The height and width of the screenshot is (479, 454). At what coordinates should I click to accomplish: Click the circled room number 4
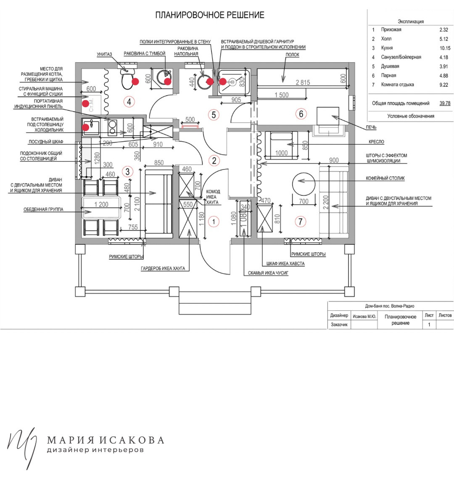(129, 102)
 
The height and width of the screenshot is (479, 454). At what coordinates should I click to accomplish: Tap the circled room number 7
(301, 222)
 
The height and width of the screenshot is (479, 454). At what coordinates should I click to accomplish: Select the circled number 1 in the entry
(214, 222)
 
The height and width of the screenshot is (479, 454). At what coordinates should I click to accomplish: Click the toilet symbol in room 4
(127, 78)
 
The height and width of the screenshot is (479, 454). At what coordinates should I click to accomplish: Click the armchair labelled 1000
(281, 145)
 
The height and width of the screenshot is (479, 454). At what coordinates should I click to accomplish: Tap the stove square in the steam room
(327, 116)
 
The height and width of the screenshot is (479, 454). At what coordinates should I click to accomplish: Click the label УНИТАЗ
(104, 54)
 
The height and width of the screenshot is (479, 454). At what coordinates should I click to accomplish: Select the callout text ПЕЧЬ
(371, 127)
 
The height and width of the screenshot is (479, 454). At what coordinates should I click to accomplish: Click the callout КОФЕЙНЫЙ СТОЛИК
(385, 178)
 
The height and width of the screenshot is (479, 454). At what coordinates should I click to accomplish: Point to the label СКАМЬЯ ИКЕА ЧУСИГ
(268, 273)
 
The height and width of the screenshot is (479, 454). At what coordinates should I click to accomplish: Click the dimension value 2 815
(303, 82)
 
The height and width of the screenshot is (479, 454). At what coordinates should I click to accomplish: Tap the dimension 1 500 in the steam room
(282, 95)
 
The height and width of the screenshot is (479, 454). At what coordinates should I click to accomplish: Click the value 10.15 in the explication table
(445, 48)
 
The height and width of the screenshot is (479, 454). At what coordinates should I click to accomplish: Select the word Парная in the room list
(388, 75)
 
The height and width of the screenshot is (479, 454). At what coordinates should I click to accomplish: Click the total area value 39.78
(445, 103)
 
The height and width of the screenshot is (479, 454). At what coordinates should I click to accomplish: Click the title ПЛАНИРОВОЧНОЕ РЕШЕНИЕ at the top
(210, 15)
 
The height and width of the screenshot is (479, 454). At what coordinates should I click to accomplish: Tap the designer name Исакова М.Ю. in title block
(364, 317)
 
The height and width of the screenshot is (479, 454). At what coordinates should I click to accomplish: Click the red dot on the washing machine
(86, 103)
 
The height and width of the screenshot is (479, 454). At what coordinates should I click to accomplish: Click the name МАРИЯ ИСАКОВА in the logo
(106, 440)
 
